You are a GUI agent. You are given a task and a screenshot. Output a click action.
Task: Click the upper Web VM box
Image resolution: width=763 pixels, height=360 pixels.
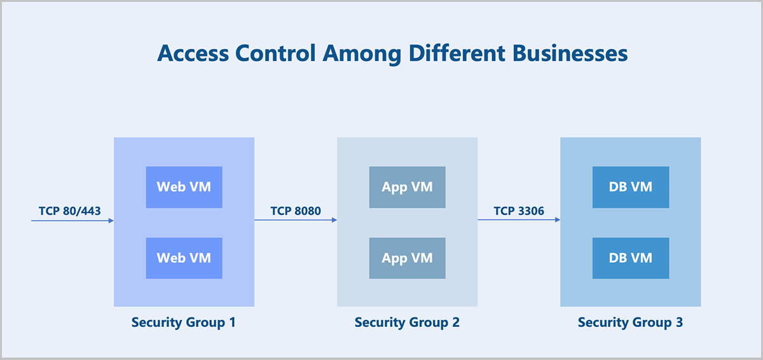(184, 187)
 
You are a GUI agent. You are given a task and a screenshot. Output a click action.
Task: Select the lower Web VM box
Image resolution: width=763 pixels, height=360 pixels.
(184, 258)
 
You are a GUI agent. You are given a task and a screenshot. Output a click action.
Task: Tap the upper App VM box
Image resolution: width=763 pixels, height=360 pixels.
(408, 187)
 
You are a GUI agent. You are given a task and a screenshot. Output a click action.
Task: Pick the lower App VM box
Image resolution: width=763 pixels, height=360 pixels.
(408, 258)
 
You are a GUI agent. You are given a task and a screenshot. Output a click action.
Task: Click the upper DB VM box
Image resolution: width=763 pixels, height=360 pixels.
(631, 187)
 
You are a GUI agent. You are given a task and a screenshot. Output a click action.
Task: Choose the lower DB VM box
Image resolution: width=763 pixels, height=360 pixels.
(631, 258)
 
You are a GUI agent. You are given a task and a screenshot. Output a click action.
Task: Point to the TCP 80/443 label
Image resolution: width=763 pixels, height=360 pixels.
(70, 211)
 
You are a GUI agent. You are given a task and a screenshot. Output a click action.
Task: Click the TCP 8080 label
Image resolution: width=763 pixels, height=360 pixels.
(296, 211)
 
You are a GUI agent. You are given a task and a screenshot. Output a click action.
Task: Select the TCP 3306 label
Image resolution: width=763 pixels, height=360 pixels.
(519, 211)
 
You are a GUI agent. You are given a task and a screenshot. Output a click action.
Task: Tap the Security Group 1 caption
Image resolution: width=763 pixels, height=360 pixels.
(184, 322)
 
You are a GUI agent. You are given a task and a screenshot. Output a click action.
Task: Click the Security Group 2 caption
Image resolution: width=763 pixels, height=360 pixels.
(407, 322)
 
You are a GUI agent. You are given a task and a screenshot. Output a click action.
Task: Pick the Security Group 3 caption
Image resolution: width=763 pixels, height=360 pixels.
(631, 322)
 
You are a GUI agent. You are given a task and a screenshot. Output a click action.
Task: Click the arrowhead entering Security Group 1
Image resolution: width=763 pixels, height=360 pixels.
(111, 221)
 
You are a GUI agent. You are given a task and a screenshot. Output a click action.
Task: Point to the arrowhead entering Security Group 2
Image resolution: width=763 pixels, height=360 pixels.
(334, 220)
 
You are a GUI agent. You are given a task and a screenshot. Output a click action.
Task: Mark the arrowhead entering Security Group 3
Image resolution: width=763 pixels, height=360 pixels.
(558, 219)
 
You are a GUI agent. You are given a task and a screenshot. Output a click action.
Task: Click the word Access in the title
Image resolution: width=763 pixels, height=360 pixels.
(193, 53)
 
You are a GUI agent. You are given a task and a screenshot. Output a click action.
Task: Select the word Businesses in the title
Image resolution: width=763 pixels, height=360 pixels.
(570, 53)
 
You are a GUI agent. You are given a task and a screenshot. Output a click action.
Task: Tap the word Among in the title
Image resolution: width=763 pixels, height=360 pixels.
(362, 55)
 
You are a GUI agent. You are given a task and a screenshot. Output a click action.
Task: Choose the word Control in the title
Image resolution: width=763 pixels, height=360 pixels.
(275, 53)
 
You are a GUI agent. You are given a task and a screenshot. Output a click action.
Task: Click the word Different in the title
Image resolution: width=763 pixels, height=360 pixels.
(457, 53)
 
